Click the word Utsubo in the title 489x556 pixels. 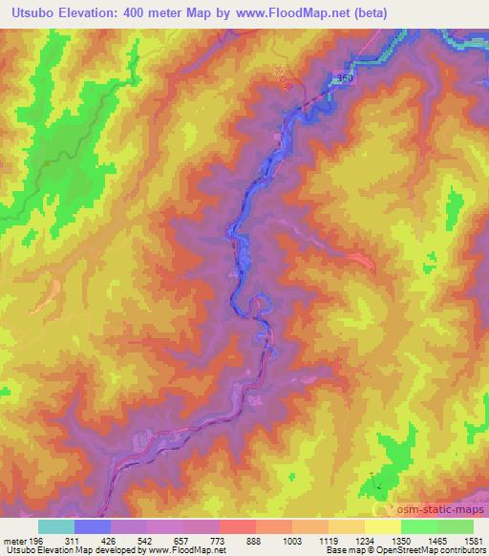[29, 12]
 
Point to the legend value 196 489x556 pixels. [35, 541]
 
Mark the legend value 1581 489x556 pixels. [471, 541]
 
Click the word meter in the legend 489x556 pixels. [13, 541]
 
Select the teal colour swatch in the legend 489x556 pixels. [56, 526]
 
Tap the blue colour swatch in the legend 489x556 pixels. [93, 526]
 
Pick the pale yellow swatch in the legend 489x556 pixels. [382, 526]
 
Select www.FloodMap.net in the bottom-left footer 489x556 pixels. [189, 550]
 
